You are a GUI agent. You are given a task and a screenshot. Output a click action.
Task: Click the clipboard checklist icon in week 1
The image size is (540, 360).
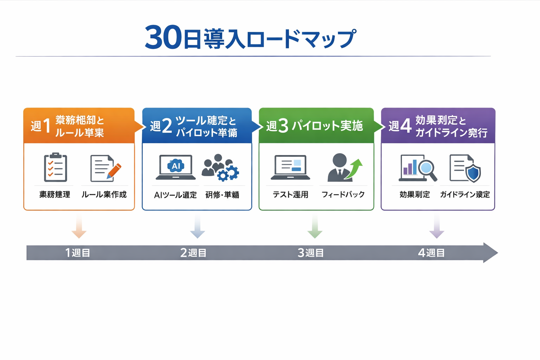click(55, 167)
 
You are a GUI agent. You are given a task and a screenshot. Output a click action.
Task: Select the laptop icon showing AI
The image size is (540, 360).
click(175, 167)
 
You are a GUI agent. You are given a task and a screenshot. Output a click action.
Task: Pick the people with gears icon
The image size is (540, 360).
click(220, 168)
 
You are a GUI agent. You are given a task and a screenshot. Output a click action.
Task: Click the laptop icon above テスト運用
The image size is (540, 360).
click(290, 167)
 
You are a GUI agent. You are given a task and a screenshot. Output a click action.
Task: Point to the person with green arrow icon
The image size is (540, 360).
click(344, 168)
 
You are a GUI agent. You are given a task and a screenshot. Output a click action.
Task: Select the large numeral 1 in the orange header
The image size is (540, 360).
click(47, 126)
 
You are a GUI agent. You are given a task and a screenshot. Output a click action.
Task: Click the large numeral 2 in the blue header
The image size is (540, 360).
click(167, 126)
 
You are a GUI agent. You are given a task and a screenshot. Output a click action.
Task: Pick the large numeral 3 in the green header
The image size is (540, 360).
click(283, 126)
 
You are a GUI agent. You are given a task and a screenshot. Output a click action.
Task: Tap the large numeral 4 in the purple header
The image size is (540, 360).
click(406, 126)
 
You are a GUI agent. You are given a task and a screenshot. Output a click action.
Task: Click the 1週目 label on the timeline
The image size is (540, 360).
click(78, 253)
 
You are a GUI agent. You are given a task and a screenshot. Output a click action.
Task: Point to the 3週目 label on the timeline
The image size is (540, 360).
click(310, 253)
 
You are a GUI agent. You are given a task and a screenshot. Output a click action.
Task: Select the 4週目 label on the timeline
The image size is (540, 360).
click(431, 253)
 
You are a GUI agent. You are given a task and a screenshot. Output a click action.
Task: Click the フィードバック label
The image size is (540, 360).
click(343, 194)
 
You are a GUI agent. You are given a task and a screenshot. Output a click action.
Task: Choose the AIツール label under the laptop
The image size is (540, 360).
click(175, 195)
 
